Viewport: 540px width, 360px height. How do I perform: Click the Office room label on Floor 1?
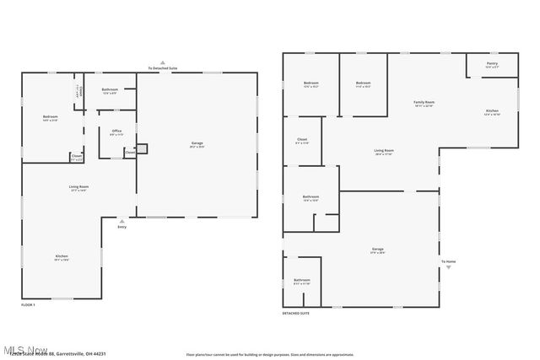pyautogui.click(x=116, y=131)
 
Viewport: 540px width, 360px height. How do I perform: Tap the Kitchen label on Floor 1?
pyautogui.click(x=62, y=256)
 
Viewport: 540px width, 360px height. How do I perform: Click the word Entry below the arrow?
pyautogui.click(x=122, y=227)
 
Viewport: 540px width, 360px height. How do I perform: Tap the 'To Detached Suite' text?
pyautogui.click(x=162, y=67)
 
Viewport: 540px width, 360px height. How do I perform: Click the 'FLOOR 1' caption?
pyautogui.click(x=28, y=304)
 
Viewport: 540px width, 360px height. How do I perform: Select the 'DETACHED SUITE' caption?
pyautogui.click(x=296, y=313)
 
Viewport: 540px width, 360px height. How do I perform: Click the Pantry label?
pyautogui.click(x=492, y=64)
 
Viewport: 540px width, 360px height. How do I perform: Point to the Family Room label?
pyautogui.click(x=423, y=102)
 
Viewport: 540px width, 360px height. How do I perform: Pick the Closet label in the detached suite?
pyautogui.click(x=301, y=139)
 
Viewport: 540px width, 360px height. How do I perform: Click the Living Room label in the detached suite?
pyautogui.click(x=384, y=151)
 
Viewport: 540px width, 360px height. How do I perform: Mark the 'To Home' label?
pyautogui.click(x=448, y=261)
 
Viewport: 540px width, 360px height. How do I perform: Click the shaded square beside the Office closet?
pyautogui.click(x=142, y=149)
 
